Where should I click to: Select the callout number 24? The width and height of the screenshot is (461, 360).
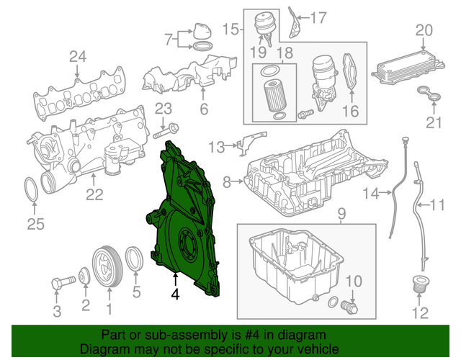[77, 57]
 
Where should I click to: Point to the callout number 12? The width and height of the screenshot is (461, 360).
[420, 312]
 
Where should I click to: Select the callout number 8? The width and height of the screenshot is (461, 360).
[226, 183]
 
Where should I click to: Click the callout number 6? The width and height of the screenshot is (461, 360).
[204, 109]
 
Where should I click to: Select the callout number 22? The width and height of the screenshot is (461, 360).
[94, 194]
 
